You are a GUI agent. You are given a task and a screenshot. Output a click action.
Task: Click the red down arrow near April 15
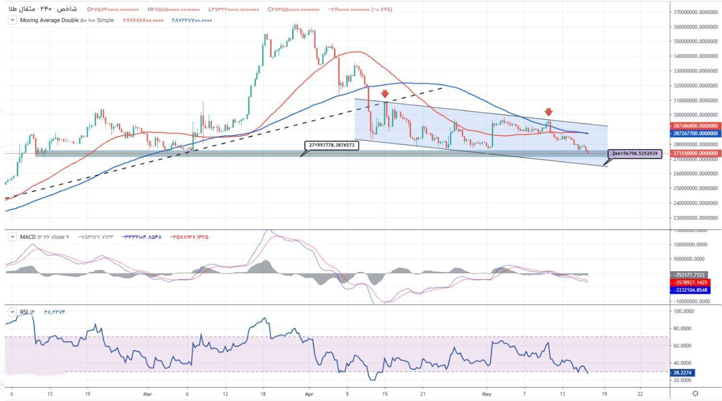(385, 94)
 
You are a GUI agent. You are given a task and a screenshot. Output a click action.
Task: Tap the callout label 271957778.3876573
(332, 145)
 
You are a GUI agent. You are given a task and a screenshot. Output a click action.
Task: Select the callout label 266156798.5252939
(636, 154)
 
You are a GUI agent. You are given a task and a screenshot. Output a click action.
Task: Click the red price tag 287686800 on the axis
(694, 125)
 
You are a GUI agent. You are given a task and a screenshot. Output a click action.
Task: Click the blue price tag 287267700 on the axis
(694, 133)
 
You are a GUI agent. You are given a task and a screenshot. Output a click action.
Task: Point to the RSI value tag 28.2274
(683, 373)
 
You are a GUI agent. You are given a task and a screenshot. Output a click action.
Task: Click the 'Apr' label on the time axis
(309, 393)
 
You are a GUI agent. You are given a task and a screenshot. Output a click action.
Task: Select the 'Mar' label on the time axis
(148, 393)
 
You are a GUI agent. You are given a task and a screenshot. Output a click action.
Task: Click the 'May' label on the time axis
(487, 393)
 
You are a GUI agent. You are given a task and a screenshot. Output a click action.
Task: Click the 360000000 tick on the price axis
(694, 27)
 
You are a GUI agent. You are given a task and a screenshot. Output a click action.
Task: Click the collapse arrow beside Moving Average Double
(12, 20)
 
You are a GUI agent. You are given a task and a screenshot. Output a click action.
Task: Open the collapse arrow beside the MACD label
(12, 237)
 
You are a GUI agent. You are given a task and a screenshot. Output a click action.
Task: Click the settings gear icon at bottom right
(696, 393)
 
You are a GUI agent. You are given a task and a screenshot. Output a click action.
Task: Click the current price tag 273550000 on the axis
(694, 153)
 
